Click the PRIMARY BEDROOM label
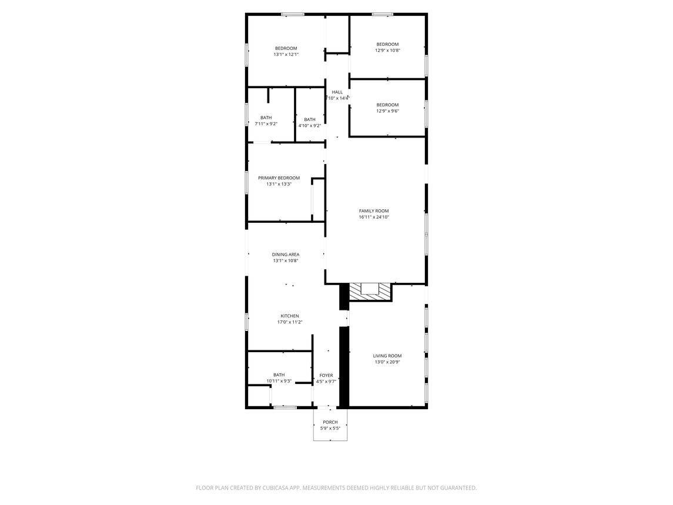279,178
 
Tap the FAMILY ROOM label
374,210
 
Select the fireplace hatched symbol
370,292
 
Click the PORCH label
330,422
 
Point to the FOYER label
326,375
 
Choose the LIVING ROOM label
387,356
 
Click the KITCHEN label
289,316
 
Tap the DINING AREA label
286,255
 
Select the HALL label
337,92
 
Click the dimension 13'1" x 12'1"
286,55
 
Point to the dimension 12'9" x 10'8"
387,51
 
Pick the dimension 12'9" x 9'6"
387,111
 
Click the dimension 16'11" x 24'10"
374,217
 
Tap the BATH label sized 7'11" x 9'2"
266,118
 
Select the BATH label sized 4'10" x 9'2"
309,119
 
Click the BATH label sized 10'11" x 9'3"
279,374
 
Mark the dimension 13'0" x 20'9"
387,362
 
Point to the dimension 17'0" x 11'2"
289,322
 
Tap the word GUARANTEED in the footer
455,488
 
